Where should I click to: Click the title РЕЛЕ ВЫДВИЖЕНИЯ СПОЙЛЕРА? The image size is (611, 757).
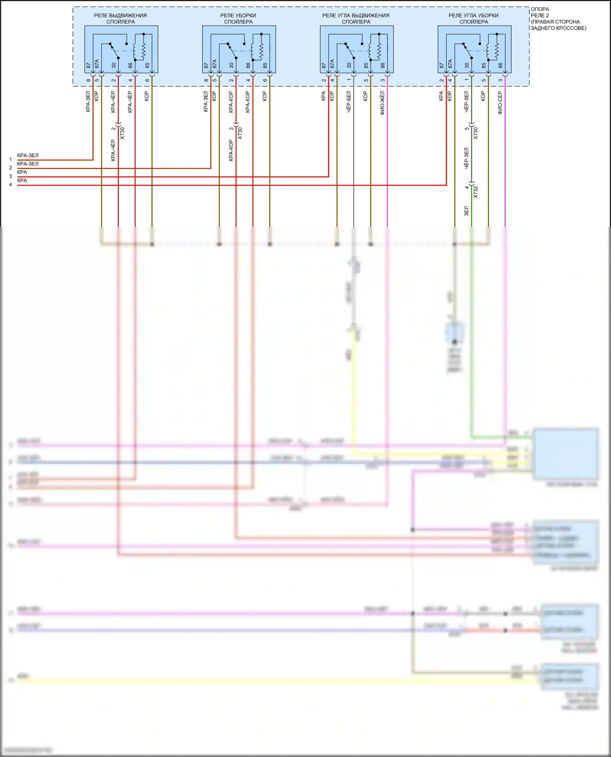(x=121, y=18)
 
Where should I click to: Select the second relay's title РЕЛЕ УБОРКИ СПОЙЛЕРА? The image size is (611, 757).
(x=238, y=18)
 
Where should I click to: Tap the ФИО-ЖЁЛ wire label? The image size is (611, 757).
(x=382, y=103)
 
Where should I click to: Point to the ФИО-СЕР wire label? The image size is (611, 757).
(x=500, y=103)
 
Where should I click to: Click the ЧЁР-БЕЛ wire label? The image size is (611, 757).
(x=349, y=102)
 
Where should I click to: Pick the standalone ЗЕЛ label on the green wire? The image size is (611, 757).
(x=466, y=211)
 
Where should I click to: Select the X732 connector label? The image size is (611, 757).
(x=475, y=192)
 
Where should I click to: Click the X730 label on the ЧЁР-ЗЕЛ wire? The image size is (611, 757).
(x=475, y=133)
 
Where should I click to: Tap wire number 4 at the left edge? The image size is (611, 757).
(x=11, y=185)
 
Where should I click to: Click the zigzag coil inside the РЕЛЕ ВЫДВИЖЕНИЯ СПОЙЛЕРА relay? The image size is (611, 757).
(x=143, y=50)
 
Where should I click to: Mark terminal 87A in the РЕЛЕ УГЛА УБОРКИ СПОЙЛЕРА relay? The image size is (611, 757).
(x=450, y=64)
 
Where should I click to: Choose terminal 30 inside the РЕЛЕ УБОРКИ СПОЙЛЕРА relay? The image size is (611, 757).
(x=231, y=65)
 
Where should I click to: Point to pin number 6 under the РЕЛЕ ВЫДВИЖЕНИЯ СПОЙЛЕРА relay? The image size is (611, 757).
(x=147, y=80)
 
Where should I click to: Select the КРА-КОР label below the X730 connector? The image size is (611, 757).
(x=231, y=151)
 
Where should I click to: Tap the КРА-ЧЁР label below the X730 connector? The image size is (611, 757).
(x=113, y=151)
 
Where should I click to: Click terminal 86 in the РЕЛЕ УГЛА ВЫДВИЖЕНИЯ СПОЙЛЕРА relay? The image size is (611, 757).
(x=383, y=65)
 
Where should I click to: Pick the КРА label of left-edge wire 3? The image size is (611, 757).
(x=22, y=172)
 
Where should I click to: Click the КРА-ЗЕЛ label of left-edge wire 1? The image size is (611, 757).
(x=28, y=155)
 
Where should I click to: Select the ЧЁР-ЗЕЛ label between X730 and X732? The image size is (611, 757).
(x=466, y=158)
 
